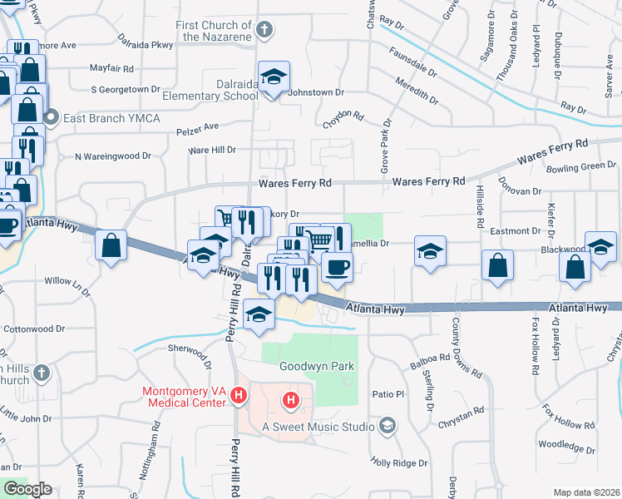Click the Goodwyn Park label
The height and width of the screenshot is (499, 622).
point(317,366)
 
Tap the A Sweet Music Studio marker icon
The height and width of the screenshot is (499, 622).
point(386,427)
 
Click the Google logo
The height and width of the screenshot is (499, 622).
point(27,489)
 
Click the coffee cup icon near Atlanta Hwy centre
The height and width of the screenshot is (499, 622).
point(337,267)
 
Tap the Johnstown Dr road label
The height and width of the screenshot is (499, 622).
point(315,92)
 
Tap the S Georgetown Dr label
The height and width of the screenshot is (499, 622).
point(125,89)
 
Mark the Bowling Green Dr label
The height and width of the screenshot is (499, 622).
point(581,167)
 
